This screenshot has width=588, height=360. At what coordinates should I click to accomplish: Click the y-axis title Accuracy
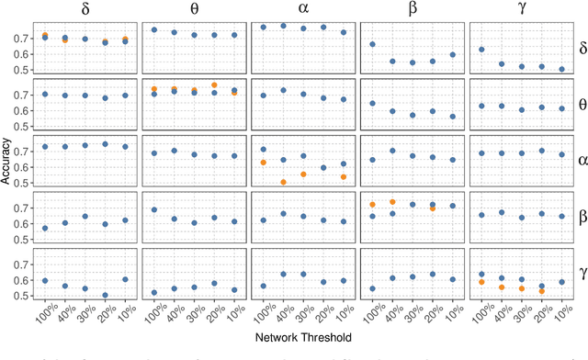7,162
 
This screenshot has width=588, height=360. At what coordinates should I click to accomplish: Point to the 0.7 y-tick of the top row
24,38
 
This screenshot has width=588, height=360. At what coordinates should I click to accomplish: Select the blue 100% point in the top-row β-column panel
372,44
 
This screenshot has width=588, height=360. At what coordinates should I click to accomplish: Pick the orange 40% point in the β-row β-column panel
392,201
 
